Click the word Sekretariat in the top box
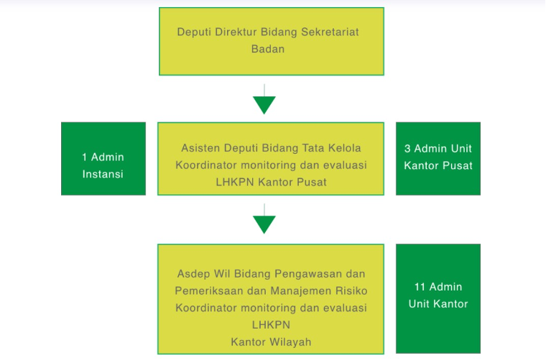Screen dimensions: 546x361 [x=330, y=32]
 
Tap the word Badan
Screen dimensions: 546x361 [x=268, y=49]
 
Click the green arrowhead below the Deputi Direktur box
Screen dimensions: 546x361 [x=264, y=105]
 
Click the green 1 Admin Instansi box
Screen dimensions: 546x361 [x=103, y=158]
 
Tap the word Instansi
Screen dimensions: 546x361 [x=103, y=174]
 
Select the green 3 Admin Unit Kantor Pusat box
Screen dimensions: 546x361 [x=438, y=158]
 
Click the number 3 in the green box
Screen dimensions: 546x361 [x=407, y=149]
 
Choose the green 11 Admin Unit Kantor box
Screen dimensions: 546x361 [x=438, y=298]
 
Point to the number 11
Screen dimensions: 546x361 [x=420, y=287]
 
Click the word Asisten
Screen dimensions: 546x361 [x=200, y=148]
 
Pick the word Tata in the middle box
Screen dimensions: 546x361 [x=313, y=148]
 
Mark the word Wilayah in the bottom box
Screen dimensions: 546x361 [x=290, y=342]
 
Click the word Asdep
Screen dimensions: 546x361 [x=193, y=274]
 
